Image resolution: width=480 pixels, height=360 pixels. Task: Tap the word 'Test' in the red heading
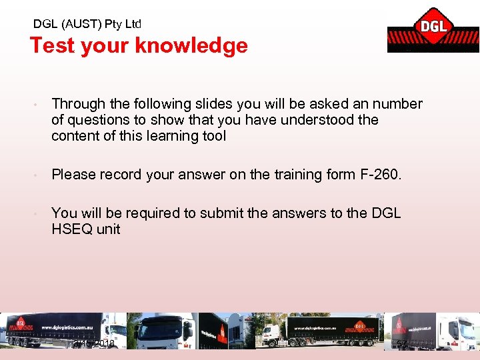(51, 45)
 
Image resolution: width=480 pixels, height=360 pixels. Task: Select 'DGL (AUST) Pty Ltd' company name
(87, 24)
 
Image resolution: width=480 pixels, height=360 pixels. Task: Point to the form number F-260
(379, 175)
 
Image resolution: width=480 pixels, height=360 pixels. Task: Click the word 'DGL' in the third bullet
(387, 213)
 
